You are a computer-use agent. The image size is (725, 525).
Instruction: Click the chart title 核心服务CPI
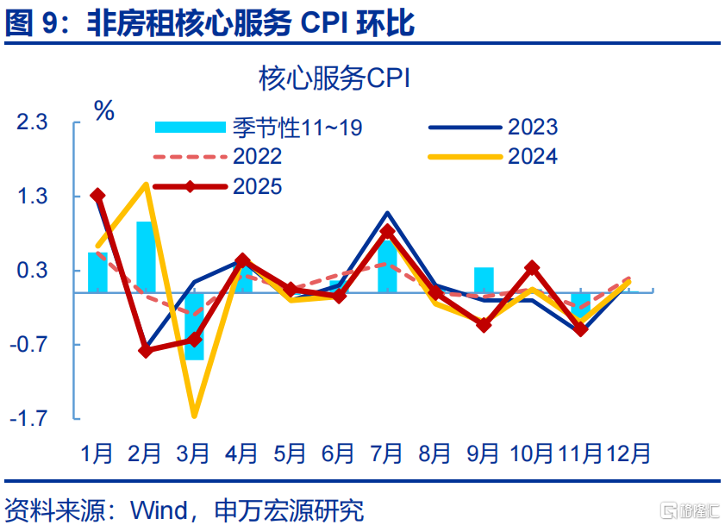coord(334,79)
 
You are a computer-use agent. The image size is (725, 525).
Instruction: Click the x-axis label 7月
coord(386,452)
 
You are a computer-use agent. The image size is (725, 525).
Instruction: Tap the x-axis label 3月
coord(193,452)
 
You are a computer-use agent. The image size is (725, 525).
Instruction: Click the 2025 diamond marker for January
coord(97,196)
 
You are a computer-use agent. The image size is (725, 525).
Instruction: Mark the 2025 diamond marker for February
coord(146,351)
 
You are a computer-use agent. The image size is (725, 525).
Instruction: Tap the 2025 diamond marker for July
coord(387,231)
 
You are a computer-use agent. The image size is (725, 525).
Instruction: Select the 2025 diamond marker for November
coord(580,329)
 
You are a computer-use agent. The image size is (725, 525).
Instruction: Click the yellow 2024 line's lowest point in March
coord(194,416)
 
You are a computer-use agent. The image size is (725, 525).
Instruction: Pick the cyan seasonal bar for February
coord(145,257)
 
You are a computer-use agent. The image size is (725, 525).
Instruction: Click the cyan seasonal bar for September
coord(484,280)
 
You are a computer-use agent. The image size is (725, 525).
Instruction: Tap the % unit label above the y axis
coord(103,110)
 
